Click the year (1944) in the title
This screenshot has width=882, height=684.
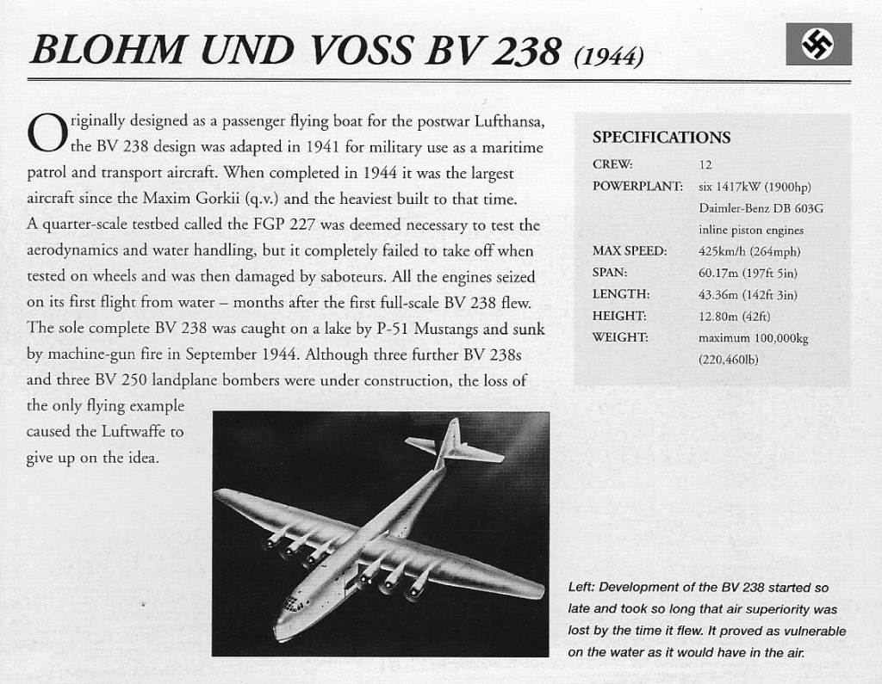click(608, 57)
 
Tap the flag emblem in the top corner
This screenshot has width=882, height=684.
click(818, 44)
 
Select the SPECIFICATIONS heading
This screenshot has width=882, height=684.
click(661, 138)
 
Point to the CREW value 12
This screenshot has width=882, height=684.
click(705, 164)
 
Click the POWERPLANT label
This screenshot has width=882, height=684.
click(637, 186)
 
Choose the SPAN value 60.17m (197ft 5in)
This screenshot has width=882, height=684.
click(748, 274)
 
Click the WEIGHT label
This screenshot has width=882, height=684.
click(621, 337)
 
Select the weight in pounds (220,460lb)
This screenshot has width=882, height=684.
click(728, 360)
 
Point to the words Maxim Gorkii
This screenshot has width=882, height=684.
click(200, 199)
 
